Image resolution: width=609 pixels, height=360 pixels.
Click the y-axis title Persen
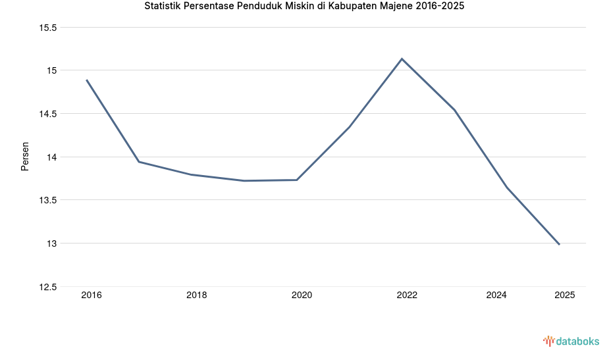click(25, 157)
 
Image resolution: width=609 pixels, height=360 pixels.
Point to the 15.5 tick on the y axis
click(48, 28)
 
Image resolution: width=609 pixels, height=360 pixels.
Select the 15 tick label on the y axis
click(52, 70)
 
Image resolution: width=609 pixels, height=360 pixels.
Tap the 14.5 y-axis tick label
click(48, 114)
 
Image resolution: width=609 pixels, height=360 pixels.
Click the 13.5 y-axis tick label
click(48, 200)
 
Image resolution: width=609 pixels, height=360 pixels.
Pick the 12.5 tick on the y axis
click(48, 287)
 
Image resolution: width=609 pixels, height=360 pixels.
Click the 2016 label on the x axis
click(92, 295)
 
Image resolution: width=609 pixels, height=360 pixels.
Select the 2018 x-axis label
click(196, 295)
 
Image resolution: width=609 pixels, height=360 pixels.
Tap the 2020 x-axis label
click(302, 295)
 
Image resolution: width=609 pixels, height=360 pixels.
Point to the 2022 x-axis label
click(407, 295)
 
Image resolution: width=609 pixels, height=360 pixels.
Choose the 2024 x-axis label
click(496, 295)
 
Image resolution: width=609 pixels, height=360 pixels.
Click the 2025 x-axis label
click(564, 295)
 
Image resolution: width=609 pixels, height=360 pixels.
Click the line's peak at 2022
click(402, 59)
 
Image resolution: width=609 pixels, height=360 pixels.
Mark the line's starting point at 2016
click(86, 80)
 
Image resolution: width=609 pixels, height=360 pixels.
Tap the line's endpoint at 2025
click(559, 244)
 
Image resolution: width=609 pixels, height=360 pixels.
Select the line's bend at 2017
click(139, 161)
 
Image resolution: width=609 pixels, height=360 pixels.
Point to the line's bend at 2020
click(297, 180)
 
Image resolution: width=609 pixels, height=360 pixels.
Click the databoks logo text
click(577, 341)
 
